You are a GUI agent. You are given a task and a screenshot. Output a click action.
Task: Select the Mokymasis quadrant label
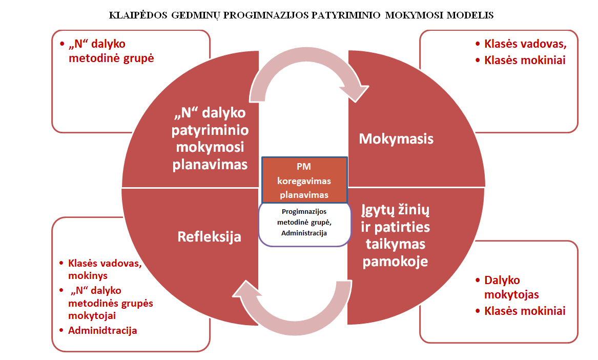[396, 138]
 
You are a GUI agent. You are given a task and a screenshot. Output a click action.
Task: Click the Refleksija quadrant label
[210, 237]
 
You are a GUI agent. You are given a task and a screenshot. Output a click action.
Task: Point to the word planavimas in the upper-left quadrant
[210, 165]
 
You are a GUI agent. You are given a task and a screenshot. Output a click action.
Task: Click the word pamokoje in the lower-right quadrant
[395, 262]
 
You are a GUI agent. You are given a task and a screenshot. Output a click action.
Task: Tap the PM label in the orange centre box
[304, 167]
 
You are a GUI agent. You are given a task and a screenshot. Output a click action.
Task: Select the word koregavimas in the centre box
[304, 181]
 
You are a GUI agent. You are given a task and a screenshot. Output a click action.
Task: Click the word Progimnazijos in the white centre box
[304, 211]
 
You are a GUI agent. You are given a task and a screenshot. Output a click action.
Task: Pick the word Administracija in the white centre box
[304, 233]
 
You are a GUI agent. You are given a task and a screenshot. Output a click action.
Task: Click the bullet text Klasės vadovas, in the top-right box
[525, 44]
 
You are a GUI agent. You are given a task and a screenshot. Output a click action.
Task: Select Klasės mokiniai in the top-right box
[525, 61]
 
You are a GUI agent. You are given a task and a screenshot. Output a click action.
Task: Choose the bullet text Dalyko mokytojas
[511, 287]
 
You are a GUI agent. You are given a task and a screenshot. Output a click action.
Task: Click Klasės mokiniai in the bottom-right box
[525, 311]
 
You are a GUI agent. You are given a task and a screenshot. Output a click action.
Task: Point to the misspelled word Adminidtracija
[102, 331]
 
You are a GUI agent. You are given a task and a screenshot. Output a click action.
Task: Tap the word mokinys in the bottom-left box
[88, 275]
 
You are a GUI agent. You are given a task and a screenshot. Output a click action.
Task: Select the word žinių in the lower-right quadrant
[414, 210]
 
